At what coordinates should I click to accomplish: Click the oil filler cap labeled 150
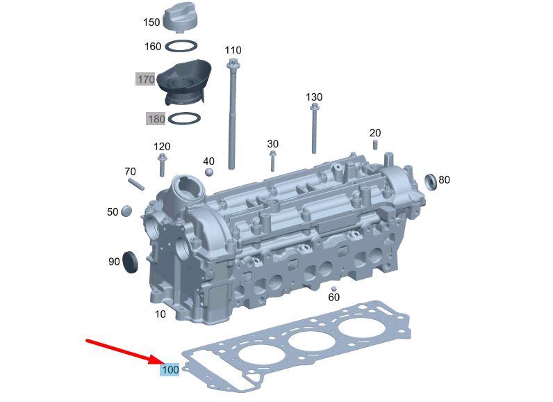(x=182, y=17)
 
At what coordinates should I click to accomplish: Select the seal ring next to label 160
(x=181, y=41)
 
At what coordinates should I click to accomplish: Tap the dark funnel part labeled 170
(x=183, y=82)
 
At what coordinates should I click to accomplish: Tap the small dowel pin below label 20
(x=375, y=145)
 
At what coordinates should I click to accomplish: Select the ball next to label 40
(x=209, y=172)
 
